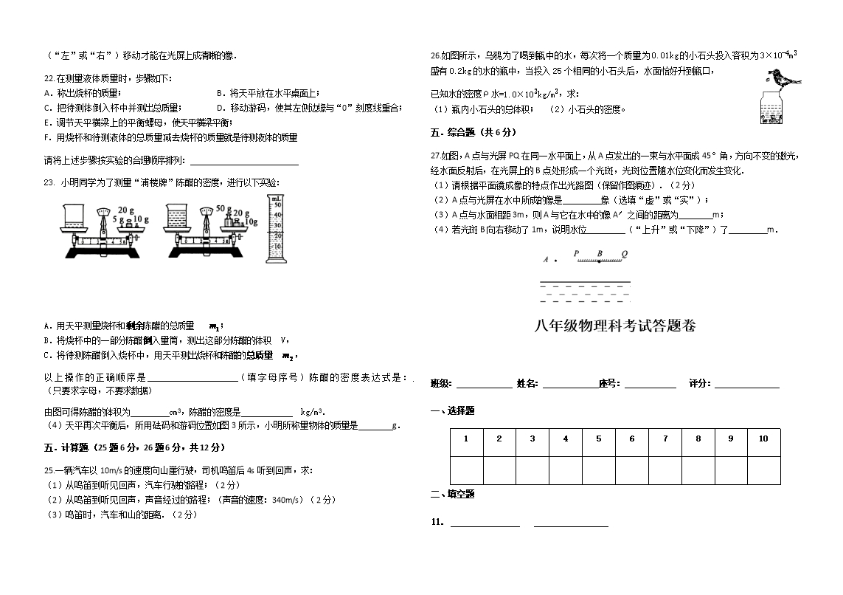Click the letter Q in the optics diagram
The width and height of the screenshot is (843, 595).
pyautogui.click(x=624, y=253)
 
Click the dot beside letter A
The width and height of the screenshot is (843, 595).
pyautogui.click(x=555, y=261)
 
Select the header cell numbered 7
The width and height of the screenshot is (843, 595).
pyautogui.click(x=665, y=438)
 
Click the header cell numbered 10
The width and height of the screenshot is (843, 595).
pyautogui.click(x=763, y=438)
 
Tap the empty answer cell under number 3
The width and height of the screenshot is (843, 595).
pyautogui.click(x=532, y=470)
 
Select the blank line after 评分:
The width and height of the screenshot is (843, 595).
pyautogui.click(x=746, y=384)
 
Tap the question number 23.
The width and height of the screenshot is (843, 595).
pyautogui.click(x=49, y=182)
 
